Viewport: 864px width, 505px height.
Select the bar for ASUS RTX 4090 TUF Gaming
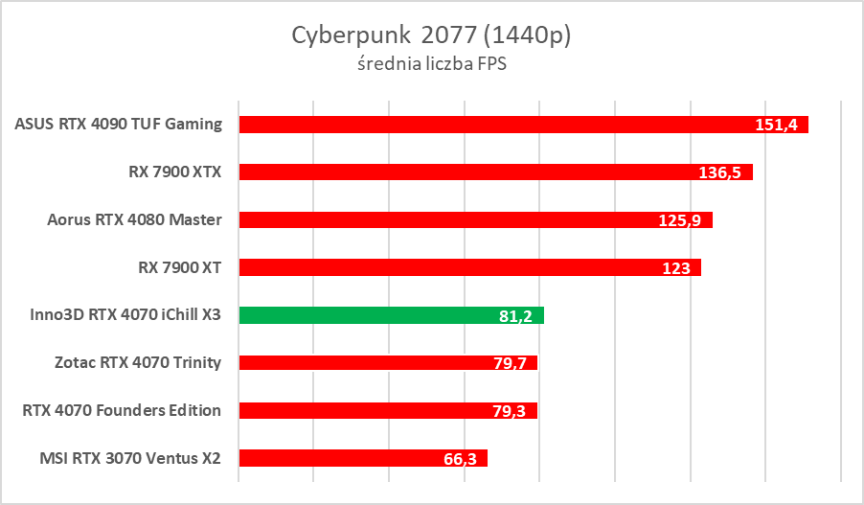[498, 125]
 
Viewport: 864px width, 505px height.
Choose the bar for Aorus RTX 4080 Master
[450, 219]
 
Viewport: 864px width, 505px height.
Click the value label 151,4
[778, 126]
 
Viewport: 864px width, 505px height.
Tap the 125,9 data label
[681, 220]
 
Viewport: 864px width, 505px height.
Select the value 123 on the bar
[676, 268]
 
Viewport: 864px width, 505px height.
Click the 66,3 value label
[462, 459]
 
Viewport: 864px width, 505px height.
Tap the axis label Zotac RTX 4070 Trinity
[139, 362]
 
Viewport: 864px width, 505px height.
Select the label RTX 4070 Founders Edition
[122, 410]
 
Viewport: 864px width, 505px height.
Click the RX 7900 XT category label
[180, 267]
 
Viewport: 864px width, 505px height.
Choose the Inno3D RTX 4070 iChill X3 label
[120, 315]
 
